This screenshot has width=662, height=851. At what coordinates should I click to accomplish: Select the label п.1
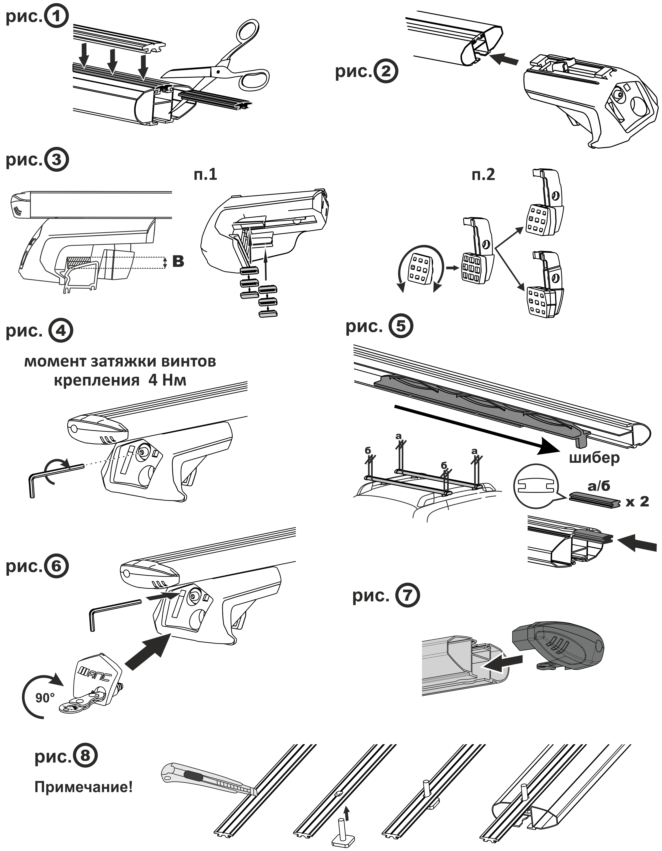coord(205,175)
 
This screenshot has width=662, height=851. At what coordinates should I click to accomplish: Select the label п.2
coord(483,175)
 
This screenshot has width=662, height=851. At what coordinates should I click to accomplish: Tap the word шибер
coord(594,457)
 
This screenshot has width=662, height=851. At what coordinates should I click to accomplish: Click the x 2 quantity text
coord(637,502)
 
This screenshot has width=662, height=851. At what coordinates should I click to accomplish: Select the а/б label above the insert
coord(599,486)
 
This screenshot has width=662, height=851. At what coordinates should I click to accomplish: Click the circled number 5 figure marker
coord(401,326)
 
